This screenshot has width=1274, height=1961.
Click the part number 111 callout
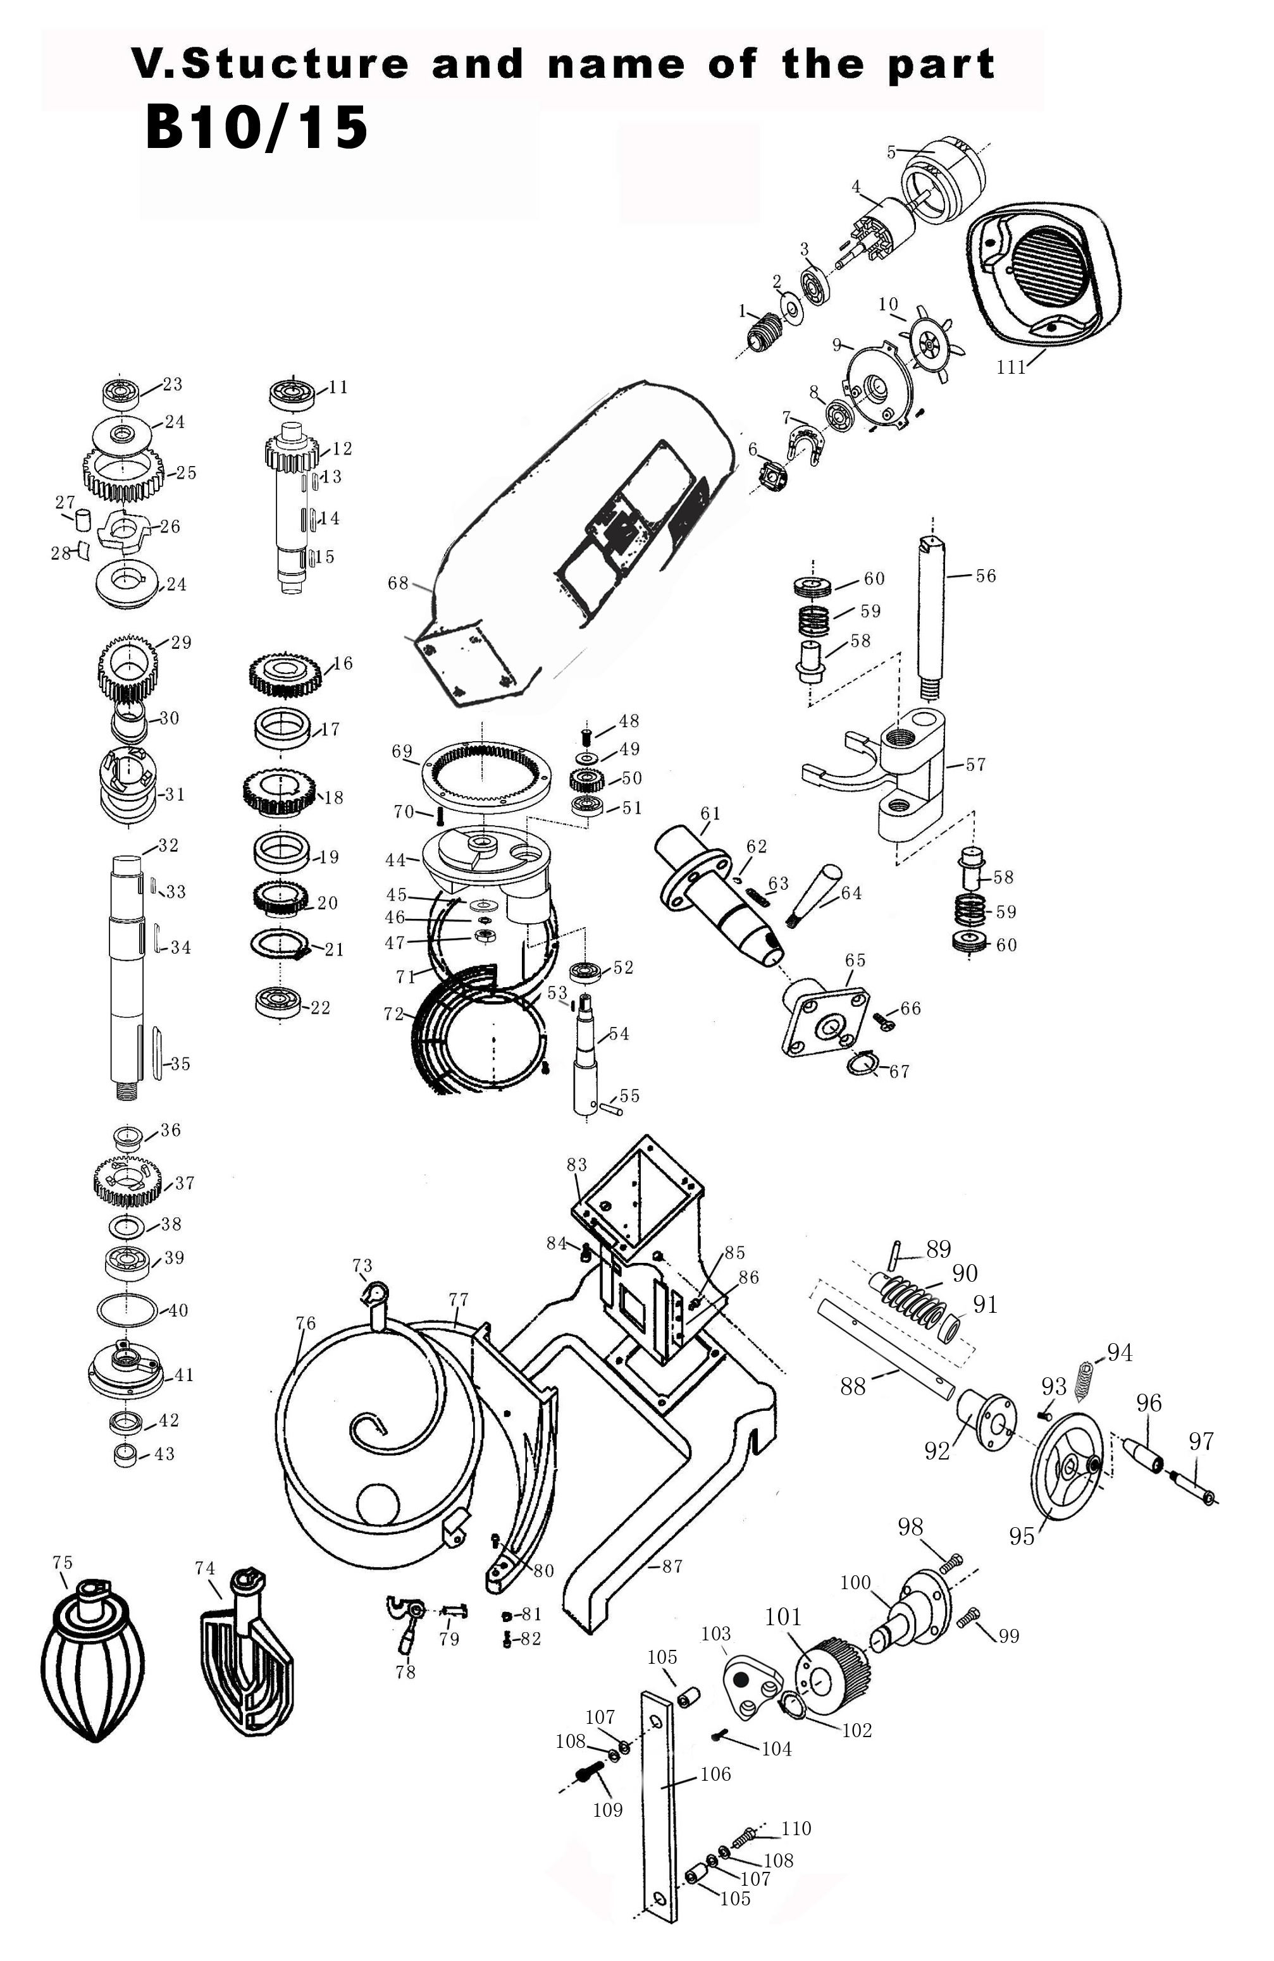[x=1010, y=367]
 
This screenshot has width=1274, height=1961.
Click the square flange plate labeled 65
[x=824, y=1022]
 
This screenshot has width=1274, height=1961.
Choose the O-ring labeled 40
[x=126, y=1311]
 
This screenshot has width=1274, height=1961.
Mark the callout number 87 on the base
[x=672, y=1566]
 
